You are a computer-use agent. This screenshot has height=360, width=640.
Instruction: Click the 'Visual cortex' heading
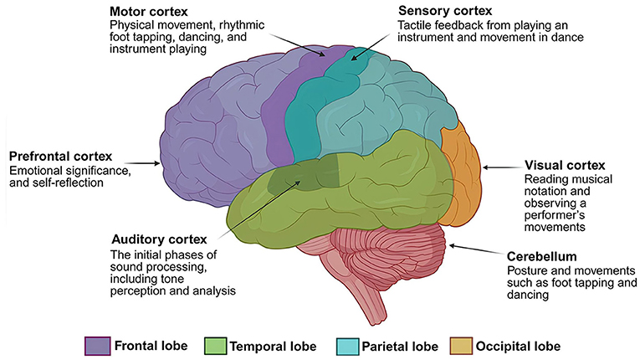pyautogui.click(x=564, y=164)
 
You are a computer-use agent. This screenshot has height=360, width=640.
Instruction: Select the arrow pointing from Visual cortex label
pyautogui.click(x=502, y=167)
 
